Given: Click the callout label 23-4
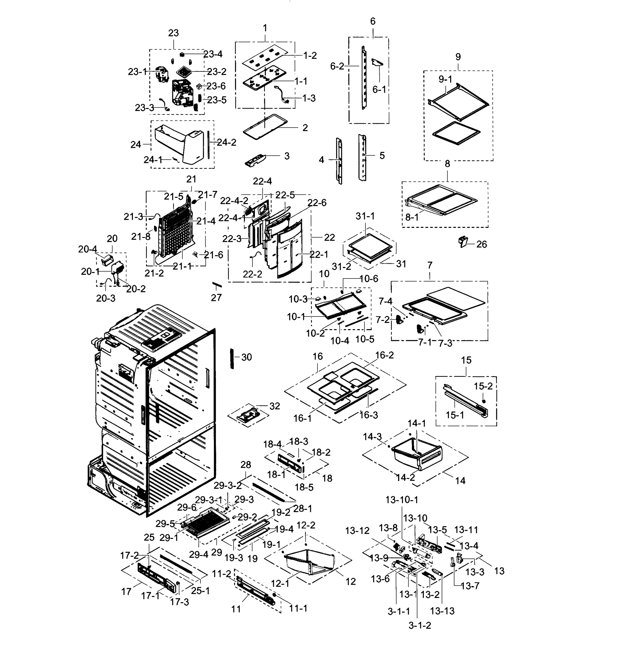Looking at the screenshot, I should (213, 54).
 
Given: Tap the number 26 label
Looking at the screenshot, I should (481, 244).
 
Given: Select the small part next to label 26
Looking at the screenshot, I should (463, 241).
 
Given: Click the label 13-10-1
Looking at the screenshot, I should (402, 500).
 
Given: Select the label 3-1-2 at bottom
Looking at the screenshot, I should (420, 625).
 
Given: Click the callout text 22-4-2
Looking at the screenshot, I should (234, 201).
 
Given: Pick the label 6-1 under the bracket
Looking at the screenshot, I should (379, 89).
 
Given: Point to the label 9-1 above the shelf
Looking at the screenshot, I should (445, 79).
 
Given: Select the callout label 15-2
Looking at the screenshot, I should (483, 386).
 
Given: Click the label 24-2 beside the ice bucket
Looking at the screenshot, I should (226, 143).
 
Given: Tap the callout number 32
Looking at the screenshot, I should (275, 406).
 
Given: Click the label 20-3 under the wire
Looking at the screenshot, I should (106, 298).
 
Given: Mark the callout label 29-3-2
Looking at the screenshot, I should (228, 485).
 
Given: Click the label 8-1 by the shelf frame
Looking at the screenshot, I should (412, 217).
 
